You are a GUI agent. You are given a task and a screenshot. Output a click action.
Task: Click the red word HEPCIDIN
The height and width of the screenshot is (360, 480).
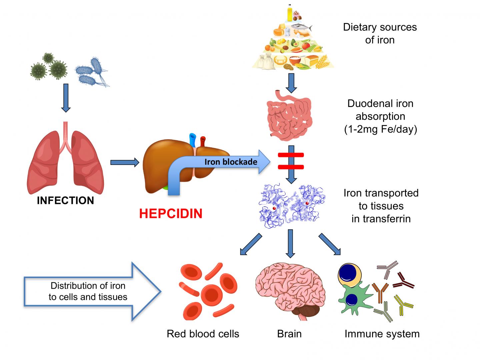point(171,213)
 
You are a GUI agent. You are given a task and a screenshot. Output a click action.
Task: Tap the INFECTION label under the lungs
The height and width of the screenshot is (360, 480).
point(65,200)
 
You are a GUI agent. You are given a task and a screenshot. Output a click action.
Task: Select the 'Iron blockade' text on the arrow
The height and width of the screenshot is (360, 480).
point(231,162)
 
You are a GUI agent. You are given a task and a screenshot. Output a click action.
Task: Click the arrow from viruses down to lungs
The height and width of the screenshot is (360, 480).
point(66,97)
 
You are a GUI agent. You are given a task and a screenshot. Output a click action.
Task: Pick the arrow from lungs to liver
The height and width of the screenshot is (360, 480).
point(124,162)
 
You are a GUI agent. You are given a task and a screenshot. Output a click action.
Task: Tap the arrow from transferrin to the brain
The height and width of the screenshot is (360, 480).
point(291,243)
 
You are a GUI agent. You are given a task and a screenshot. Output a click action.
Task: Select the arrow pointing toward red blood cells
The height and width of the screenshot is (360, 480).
point(251,244)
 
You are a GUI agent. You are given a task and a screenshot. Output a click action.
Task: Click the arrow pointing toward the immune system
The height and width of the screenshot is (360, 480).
point(330,244)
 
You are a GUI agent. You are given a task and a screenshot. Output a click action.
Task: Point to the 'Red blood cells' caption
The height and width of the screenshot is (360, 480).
point(203,334)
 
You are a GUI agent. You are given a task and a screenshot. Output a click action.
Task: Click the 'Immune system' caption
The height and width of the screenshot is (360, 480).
point(382,334)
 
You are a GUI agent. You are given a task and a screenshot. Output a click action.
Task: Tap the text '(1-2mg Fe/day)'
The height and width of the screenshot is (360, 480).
point(380,129)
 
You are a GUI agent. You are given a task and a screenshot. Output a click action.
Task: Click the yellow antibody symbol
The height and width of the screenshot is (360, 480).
point(403,304)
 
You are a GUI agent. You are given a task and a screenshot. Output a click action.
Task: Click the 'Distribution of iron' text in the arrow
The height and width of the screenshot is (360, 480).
point(88,286)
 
